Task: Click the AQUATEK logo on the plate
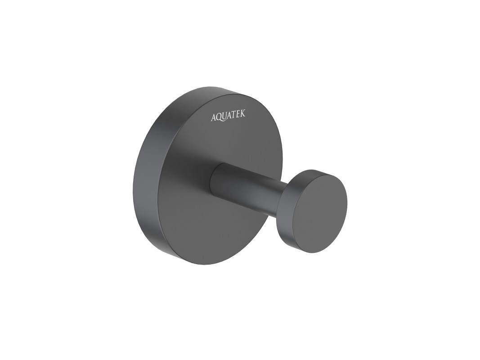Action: [228, 117]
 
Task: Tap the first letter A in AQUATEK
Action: [214, 117]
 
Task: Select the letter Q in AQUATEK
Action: [220, 117]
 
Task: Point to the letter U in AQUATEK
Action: [226, 117]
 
